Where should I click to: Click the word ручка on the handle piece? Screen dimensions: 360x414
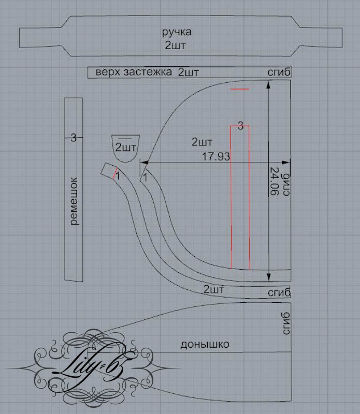pyautogui.click(x=177, y=33)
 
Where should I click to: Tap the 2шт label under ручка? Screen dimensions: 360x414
pyautogui.click(x=175, y=45)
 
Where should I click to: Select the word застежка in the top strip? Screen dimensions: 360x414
pyautogui.click(x=148, y=72)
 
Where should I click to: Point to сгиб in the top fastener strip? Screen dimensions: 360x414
pyautogui.click(x=279, y=72)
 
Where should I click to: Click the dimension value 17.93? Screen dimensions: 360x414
pyautogui.click(x=216, y=157)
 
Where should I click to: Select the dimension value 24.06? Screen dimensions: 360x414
pyautogui.click(x=274, y=182)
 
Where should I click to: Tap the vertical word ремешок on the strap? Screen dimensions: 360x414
pyautogui.click(x=74, y=201)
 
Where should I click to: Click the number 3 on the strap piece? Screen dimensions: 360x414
pyautogui.click(x=74, y=138)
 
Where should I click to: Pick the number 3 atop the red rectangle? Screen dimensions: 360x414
pyautogui.click(x=240, y=126)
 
